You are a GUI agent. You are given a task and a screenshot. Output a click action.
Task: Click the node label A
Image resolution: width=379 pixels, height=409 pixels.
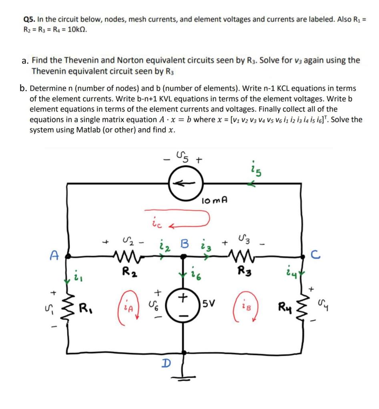point(53,255)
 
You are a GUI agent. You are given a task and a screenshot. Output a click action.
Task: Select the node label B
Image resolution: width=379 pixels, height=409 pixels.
point(184,243)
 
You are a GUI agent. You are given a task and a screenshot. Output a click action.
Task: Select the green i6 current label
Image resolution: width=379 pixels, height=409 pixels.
point(195,275)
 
